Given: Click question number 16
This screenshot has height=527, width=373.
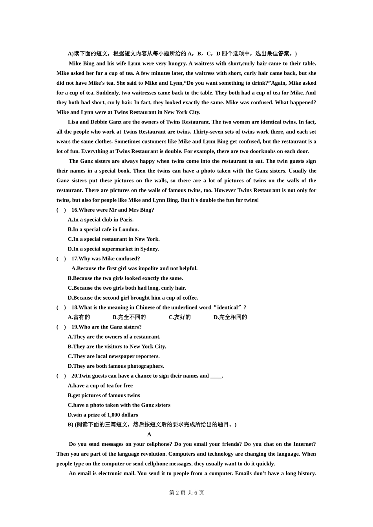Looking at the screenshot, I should pyautogui.click(x=75, y=210).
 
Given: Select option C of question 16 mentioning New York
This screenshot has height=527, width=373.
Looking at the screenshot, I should pyautogui.click(x=113, y=239).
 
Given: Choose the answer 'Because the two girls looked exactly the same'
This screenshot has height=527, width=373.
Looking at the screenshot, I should pyautogui.click(x=125, y=278).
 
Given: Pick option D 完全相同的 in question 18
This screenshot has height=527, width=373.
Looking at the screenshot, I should pyautogui.click(x=230, y=317).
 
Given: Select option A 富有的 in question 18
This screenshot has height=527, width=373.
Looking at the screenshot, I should pyautogui.click(x=79, y=317).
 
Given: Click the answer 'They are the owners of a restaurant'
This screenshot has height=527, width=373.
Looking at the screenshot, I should pyautogui.click(x=114, y=337).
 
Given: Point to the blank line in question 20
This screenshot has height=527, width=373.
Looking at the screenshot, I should pyautogui.click(x=216, y=376).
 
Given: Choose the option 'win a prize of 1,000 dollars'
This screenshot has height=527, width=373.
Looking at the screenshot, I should pyautogui.click(x=103, y=415).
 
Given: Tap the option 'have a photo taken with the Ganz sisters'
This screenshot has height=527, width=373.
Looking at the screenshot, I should pyautogui.click(x=119, y=405).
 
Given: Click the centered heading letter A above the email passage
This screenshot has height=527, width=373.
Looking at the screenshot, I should pyautogui.click(x=149, y=434).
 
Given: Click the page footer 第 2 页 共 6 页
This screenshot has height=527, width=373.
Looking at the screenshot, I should pyautogui.click(x=186, y=492).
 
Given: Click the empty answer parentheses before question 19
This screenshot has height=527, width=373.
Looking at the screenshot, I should pyautogui.click(x=61, y=327).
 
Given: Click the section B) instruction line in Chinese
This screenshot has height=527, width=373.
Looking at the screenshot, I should pyautogui.click(x=152, y=425).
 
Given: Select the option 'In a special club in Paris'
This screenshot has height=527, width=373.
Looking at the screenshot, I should pyautogui.click(x=101, y=220).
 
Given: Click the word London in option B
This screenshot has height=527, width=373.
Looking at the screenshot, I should pyautogui.click(x=129, y=229).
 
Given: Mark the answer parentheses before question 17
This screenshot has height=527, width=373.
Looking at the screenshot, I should pyautogui.click(x=61, y=259).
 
